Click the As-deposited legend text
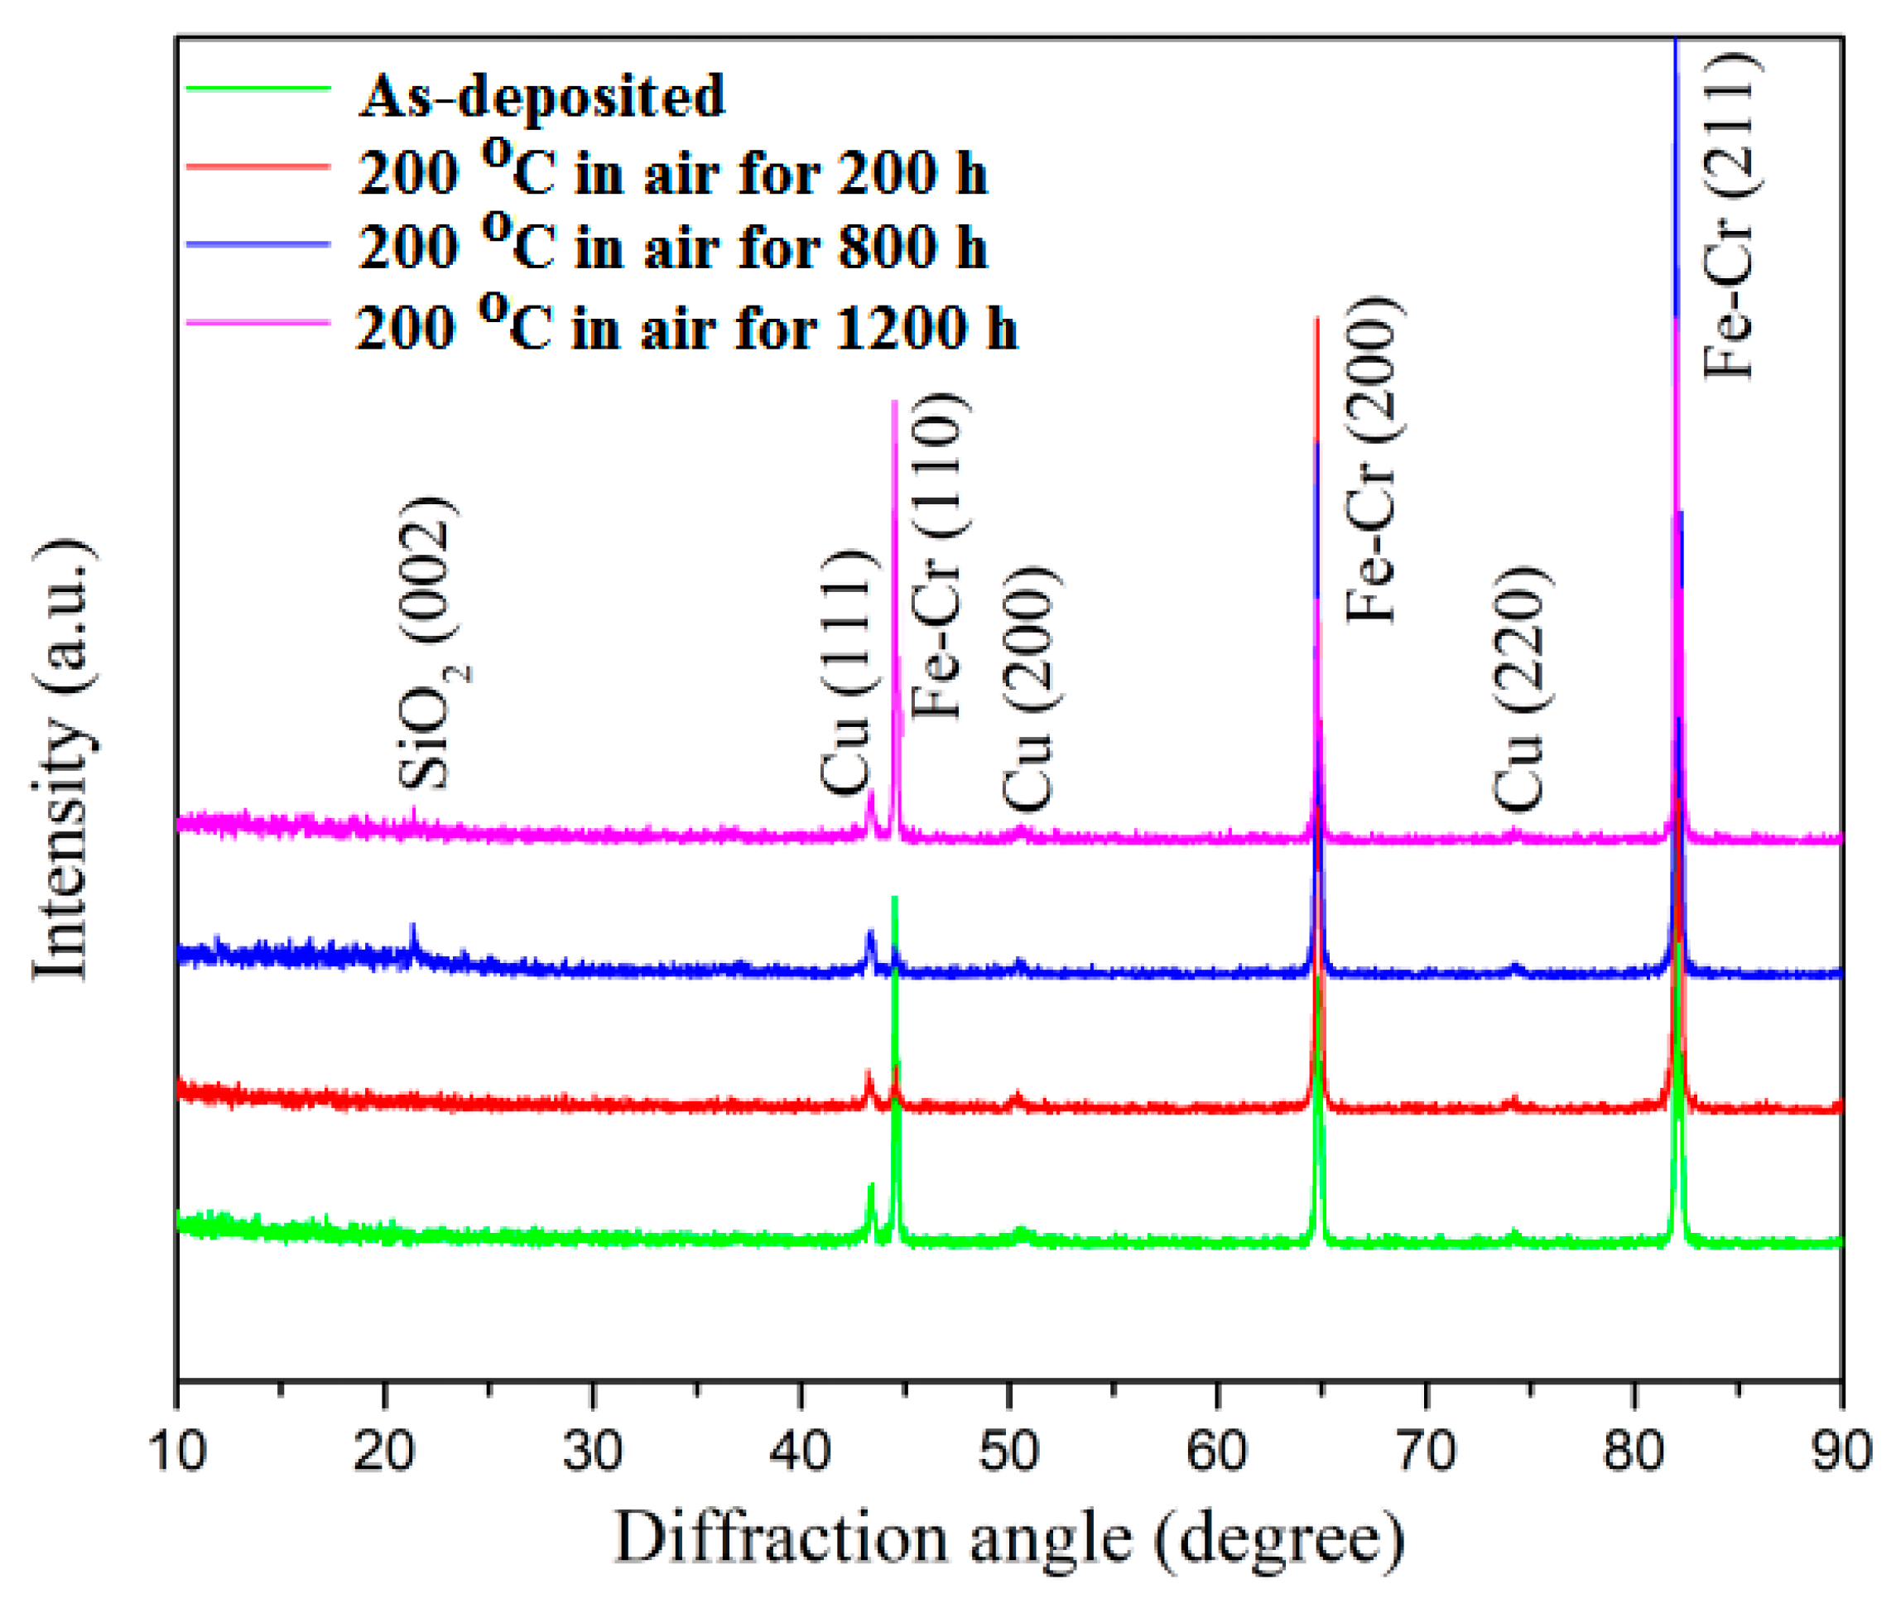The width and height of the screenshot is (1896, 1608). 541,96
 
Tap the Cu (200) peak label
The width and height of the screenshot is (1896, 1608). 1030,689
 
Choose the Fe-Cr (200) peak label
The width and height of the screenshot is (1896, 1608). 1373,460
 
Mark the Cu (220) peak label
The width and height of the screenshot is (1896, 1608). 1519,689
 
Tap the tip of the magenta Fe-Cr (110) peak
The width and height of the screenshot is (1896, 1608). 894,402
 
